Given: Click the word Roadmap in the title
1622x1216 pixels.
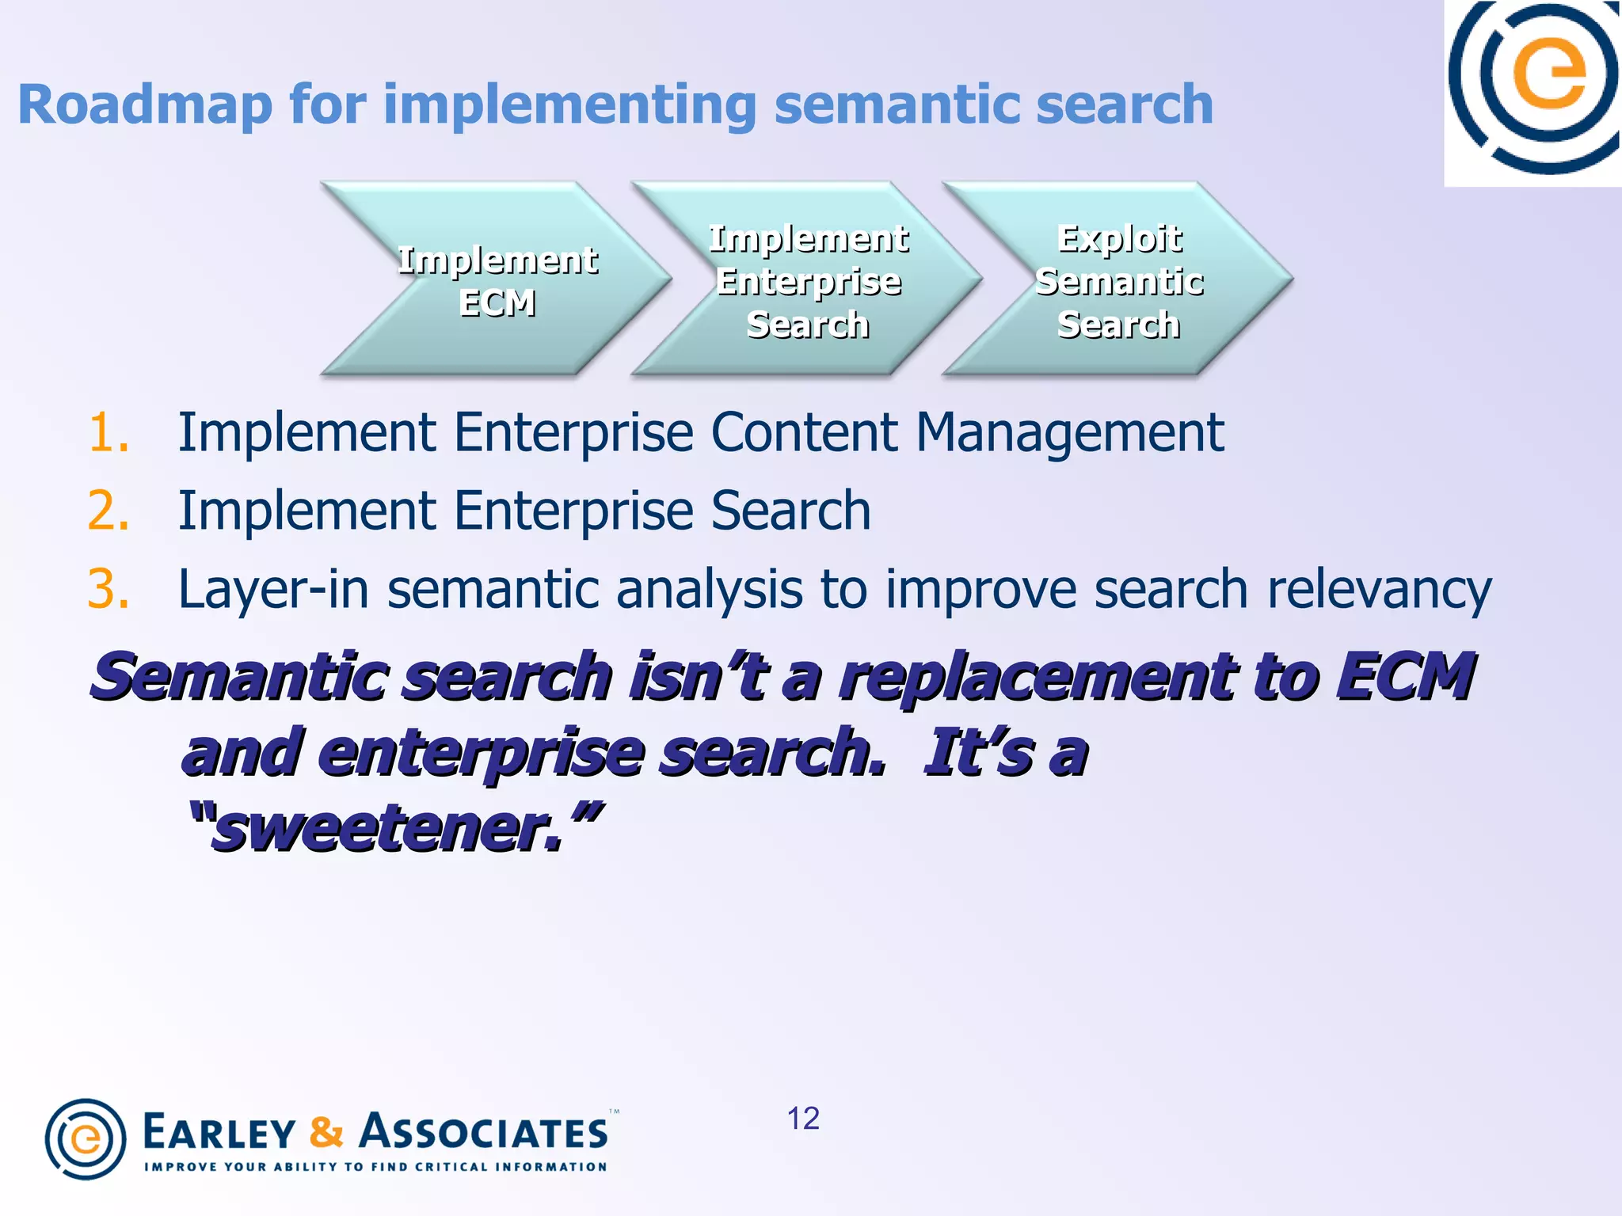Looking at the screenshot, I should pos(145,105).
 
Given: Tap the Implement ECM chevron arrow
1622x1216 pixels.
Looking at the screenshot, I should pos(497,279).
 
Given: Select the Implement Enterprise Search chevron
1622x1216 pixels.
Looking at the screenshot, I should pos(807,279).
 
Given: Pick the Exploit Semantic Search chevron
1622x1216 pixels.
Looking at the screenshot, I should pos(1118,279).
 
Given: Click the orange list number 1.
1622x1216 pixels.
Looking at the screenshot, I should pos(108,433).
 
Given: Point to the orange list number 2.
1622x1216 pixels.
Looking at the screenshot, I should pos(108,511).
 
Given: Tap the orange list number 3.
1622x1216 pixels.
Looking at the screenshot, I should pos(108,590).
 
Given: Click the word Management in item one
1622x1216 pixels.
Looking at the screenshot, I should pos(1069,433).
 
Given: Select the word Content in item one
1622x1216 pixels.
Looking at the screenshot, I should pos(804,433).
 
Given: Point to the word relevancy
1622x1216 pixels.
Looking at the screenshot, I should pos(1379,590).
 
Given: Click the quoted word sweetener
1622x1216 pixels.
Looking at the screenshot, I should pos(388,829).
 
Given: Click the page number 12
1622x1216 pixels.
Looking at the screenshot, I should pos(802,1119).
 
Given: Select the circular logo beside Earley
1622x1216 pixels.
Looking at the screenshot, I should pos(86,1138).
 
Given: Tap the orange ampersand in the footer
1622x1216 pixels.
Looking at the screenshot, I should pos(326,1132).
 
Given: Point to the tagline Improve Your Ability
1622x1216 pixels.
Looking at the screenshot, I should pos(375,1167).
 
